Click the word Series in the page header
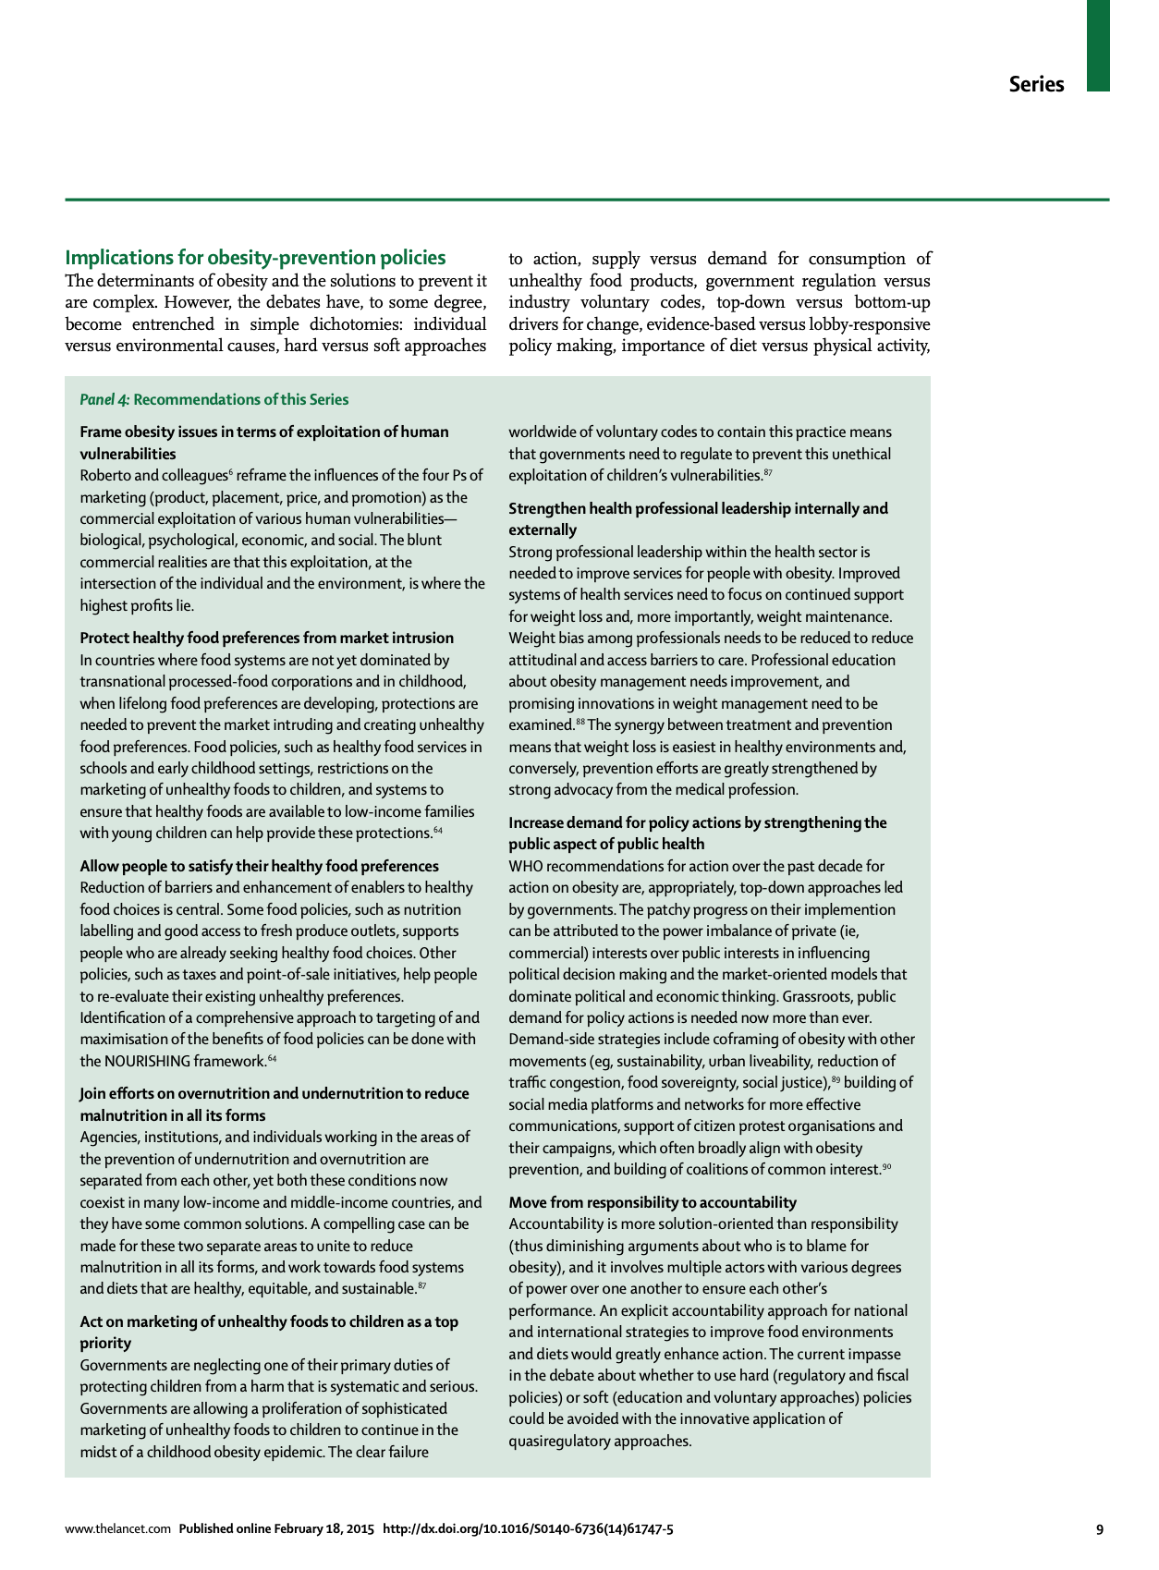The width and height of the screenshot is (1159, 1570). click(1036, 84)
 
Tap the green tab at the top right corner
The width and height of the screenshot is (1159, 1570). click(1097, 45)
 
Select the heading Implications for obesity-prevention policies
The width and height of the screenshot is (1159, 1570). click(255, 258)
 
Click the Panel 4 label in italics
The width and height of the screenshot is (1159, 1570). click(104, 399)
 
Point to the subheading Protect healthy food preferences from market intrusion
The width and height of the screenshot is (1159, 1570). click(267, 638)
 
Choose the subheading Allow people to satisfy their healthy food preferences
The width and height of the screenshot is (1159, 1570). click(260, 866)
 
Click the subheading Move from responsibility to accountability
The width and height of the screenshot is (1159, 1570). click(653, 1202)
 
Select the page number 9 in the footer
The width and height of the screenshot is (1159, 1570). click(1099, 1529)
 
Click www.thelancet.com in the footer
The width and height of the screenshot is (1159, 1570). click(117, 1529)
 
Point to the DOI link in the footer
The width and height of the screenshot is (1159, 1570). click(528, 1529)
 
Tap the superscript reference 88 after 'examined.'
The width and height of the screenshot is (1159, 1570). click(580, 722)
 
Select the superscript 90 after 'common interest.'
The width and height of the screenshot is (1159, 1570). click(886, 1167)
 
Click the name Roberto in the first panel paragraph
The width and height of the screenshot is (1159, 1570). click(104, 476)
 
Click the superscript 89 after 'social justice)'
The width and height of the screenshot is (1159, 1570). click(836, 1080)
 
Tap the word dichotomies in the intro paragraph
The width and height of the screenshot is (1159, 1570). click(357, 324)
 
